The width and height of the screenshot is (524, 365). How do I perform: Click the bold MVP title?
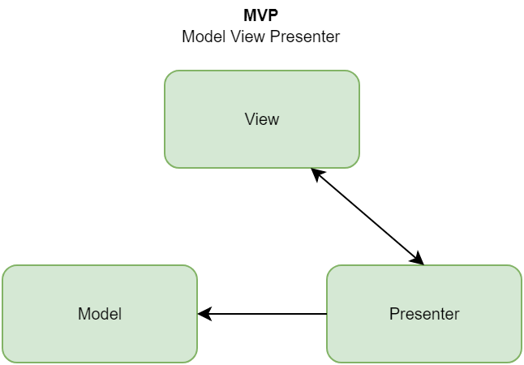(261, 15)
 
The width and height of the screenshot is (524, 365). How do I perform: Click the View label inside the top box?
(261, 119)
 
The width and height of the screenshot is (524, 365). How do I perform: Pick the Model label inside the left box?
(100, 314)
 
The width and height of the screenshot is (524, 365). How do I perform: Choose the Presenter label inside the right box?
(423, 314)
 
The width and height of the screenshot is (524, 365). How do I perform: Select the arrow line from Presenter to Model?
(264, 314)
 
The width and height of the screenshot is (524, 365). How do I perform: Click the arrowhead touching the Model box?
(204, 314)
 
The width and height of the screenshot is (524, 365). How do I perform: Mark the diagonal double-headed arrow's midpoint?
(367, 217)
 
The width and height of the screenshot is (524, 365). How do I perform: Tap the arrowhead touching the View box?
(316, 174)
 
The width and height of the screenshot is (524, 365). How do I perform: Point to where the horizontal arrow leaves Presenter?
(326, 314)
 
